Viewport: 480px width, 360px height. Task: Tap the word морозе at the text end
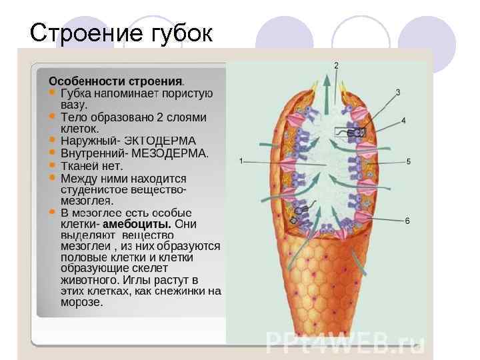coord(81,302)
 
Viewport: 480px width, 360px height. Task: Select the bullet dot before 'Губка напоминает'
coord(52,93)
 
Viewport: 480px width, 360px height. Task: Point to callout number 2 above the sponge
coord(336,65)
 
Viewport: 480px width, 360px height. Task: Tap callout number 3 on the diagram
coord(398,92)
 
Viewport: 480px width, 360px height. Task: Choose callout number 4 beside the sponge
coord(404,121)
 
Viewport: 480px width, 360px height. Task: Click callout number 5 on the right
coord(408,161)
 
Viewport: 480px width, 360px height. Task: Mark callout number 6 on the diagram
coord(407,221)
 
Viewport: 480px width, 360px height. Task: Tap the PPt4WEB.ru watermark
coord(345,343)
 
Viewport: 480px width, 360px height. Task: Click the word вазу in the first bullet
coord(74,105)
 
